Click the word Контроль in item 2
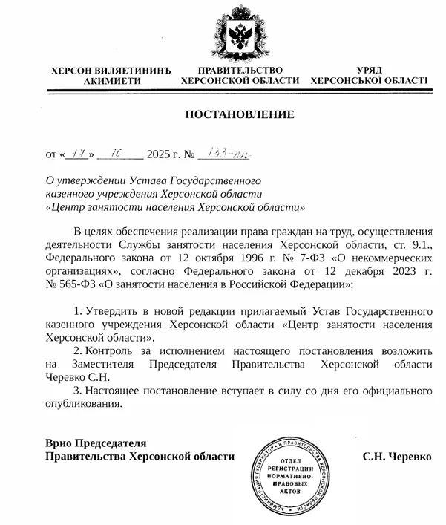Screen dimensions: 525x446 click(110, 351)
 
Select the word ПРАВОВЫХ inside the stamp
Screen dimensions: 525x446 click(293, 483)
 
